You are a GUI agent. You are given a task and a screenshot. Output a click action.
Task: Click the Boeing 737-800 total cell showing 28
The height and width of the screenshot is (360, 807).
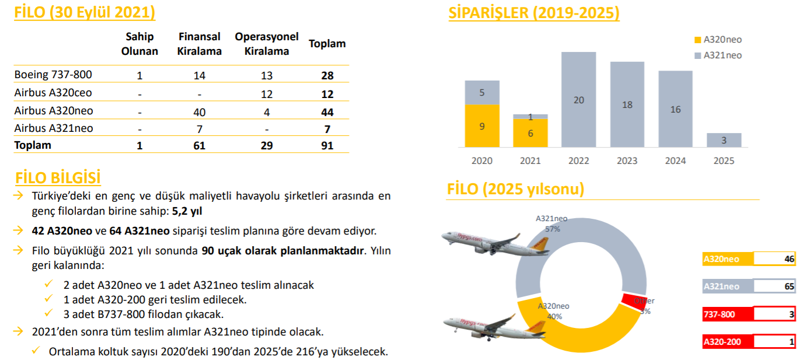(x=327, y=75)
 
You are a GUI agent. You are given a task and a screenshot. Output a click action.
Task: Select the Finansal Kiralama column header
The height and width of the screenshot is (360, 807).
(x=199, y=44)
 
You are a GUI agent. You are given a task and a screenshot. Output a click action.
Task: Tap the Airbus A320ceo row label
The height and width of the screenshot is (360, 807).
(x=53, y=93)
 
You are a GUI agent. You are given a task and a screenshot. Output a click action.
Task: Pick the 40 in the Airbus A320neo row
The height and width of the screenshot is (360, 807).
(x=199, y=112)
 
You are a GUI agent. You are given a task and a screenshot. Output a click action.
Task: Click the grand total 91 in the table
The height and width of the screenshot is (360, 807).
(x=327, y=145)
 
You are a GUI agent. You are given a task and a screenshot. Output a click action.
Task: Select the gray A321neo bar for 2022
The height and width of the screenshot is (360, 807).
(x=578, y=99)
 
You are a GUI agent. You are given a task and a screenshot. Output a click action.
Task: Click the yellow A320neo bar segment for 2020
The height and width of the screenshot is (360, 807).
(x=482, y=126)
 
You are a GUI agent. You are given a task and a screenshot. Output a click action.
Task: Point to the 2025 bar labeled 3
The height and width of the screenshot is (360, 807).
(x=724, y=140)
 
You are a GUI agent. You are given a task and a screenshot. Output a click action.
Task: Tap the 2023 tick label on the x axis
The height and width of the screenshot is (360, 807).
(x=627, y=160)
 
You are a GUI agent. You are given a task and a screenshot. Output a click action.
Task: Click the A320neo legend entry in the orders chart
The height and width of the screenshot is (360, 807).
(x=718, y=39)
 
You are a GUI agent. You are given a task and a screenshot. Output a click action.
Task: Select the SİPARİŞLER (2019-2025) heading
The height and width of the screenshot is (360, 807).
(x=534, y=13)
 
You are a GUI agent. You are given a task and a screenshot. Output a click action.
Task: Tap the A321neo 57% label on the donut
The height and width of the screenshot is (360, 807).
(x=551, y=224)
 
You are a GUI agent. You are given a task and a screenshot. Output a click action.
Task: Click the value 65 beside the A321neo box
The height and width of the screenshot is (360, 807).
(x=789, y=286)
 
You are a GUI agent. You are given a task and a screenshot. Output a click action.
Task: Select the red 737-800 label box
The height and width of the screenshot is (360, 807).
(x=728, y=314)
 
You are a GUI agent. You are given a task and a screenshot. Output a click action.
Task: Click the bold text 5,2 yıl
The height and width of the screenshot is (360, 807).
(x=187, y=211)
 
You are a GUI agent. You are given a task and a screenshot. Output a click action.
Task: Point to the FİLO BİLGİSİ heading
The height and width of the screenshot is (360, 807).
(x=58, y=177)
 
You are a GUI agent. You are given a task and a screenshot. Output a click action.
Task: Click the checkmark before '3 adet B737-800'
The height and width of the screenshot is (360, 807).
(x=48, y=313)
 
